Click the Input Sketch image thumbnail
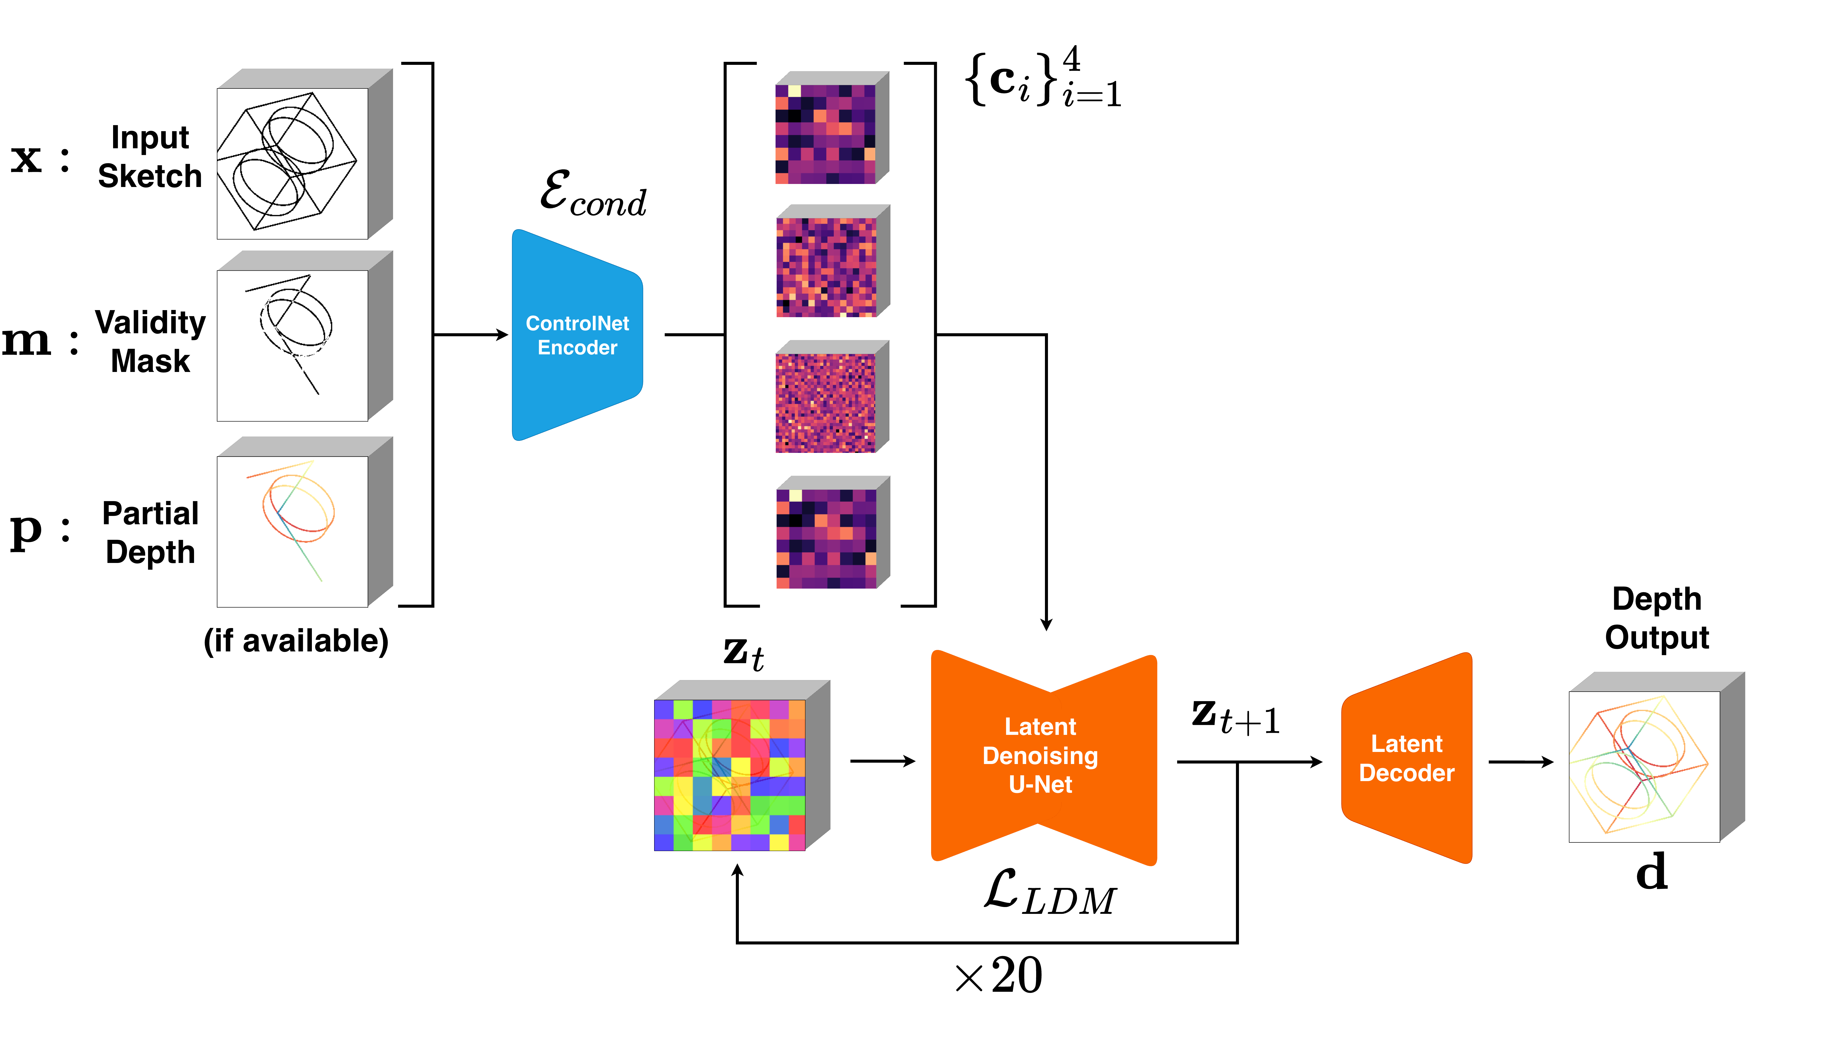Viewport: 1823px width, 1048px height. point(292,163)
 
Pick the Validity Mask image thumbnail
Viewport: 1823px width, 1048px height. point(292,346)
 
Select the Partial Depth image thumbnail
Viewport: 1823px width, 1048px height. point(292,531)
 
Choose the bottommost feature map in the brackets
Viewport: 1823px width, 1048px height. point(826,538)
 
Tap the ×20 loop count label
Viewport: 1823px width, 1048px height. point(999,976)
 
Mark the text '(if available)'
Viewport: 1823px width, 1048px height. point(296,641)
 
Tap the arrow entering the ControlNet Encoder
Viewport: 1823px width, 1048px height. point(471,335)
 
